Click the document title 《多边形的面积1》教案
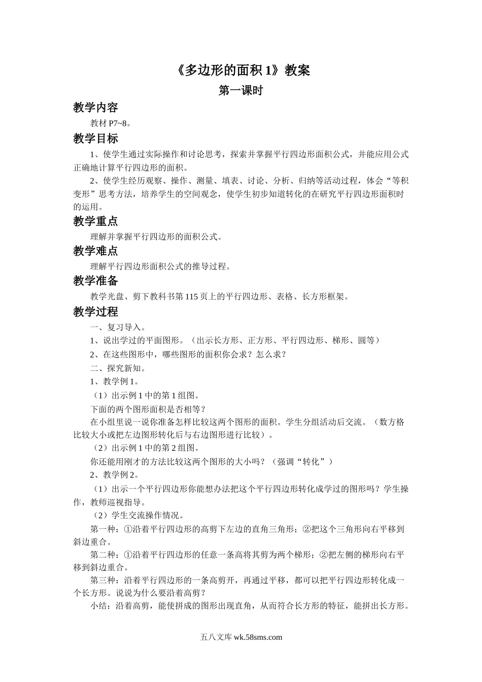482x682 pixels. (240, 70)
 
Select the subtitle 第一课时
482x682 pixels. (240, 91)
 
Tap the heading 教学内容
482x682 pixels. (95, 108)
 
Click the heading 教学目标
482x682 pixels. (95, 139)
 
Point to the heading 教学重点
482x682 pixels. (95, 221)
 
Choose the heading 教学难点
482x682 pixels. (95, 251)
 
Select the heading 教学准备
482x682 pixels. (95, 281)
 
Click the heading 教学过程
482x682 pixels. (95, 312)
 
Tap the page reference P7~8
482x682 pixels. (119, 123)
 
